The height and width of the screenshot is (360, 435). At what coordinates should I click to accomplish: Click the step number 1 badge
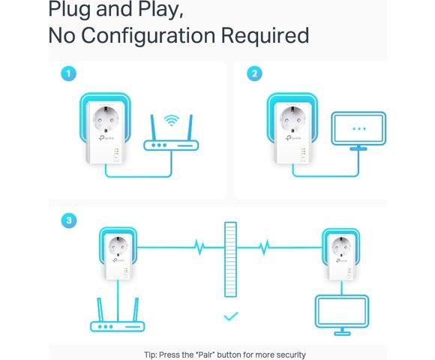[x=68, y=73]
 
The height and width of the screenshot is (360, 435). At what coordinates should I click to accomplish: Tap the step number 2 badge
[x=254, y=73]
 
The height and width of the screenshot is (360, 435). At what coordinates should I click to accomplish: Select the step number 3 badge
[x=69, y=220]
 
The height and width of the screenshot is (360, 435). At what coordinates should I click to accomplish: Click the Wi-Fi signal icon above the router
[x=171, y=120]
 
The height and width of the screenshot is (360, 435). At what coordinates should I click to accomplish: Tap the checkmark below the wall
[x=231, y=316]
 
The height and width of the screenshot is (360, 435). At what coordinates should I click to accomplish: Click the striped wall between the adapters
[x=230, y=259]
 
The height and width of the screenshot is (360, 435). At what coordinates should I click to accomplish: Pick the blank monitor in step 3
[x=342, y=315]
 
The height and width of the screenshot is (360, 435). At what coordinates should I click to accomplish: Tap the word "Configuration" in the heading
[x=148, y=36]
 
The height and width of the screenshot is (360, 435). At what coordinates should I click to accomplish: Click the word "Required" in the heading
[x=265, y=35]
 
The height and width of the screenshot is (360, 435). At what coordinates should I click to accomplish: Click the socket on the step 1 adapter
[x=106, y=119]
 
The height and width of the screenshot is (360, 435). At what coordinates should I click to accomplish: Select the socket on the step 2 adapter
[x=292, y=119]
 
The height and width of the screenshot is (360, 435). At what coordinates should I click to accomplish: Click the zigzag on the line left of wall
[x=199, y=247]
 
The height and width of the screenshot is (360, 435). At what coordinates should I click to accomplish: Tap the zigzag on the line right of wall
[x=264, y=247]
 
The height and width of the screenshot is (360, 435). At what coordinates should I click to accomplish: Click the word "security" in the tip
[x=291, y=355]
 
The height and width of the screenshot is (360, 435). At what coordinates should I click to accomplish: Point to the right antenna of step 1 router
[x=190, y=128]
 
